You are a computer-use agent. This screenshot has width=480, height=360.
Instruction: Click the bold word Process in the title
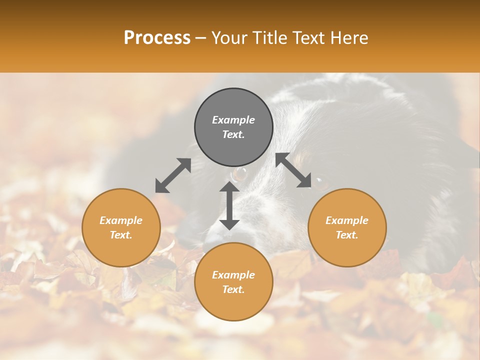pyautogui.click(x=157, y=38)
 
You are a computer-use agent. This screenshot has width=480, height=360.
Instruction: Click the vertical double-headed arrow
pyautogui.click(x=229, y=205)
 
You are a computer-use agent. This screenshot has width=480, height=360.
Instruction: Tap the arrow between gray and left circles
pyautogui.click(x=173, y=175)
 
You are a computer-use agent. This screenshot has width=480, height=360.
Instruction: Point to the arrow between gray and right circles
pyautogui.click(x=293, y=170)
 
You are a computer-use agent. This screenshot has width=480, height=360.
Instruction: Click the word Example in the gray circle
pyautogui.click(x=233, y=120)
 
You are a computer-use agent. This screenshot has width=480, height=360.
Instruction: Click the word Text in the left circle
pyautogui.click(x=121, y=235)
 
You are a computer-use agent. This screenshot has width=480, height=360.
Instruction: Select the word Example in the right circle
pyautogui.click(x=347, y=220)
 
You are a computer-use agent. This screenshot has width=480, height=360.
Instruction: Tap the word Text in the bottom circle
pyautogui.click(x=233, y=289)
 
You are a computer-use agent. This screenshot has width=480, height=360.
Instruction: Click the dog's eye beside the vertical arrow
pyautogui.click(x=240, y=174)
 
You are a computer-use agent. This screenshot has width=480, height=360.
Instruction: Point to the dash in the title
pyautogui.click(x=200, y=38)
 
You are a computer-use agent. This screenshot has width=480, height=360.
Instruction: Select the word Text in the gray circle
pyautogui.click(x=233, y=134)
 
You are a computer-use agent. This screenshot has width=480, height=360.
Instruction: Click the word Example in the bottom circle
pyautogui.click(x=233, y=275)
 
